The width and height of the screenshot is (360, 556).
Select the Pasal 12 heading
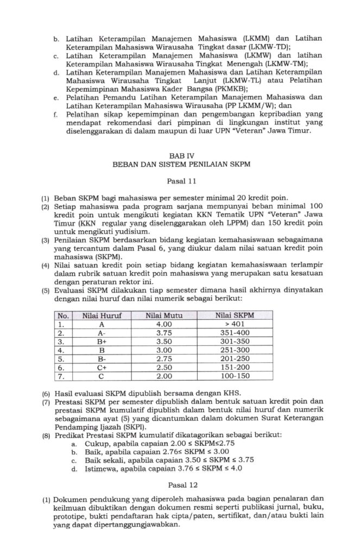pos(180,483)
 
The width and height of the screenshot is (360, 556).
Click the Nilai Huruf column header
pos(101,315)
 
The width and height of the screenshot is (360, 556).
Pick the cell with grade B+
pos(101,341)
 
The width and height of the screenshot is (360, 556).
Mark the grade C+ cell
pos(101,367)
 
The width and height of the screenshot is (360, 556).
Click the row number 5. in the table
pos(61,358)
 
